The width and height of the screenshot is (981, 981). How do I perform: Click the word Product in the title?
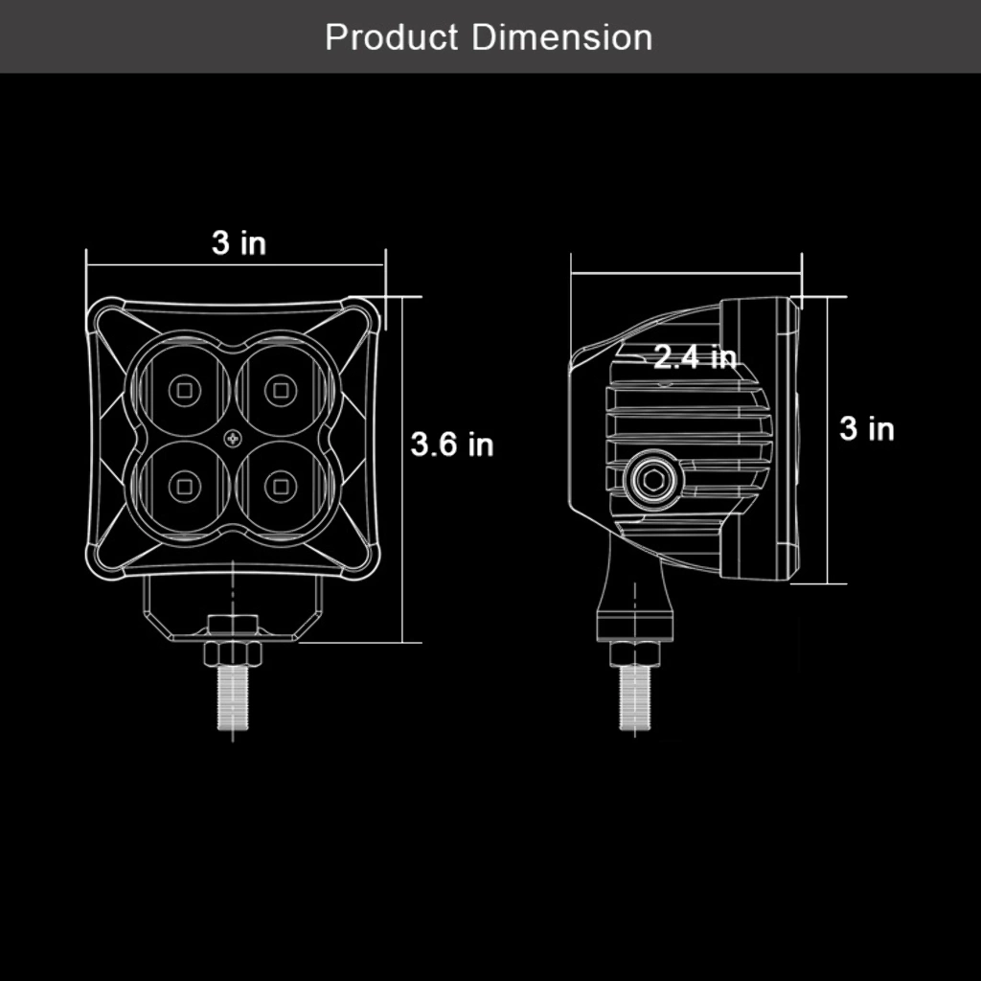pos(392,37)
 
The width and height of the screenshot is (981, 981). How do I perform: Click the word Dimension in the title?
pos(561,37)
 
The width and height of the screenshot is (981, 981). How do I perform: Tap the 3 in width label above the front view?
pos(239,242)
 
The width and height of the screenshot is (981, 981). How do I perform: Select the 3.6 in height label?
pos(452,445)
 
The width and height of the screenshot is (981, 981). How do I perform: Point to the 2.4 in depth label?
pos(696,357)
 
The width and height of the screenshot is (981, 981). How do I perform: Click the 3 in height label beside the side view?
pos(866,428)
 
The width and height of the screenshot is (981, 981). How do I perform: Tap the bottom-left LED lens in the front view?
pos(185,486)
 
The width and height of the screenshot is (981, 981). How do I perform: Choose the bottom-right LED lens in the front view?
pos(281,486)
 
